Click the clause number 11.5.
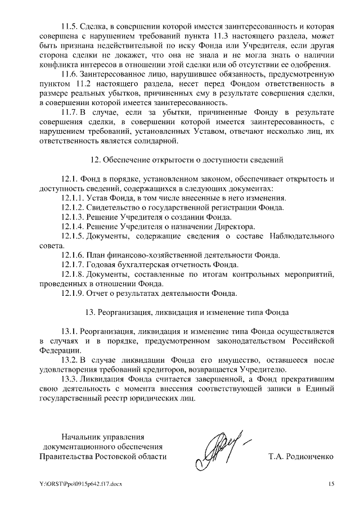pos(71,26)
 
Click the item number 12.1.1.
pos(74,198)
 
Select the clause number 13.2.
pos(71,359)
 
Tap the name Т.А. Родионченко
pos(301,456)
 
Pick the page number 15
pos(331,484)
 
